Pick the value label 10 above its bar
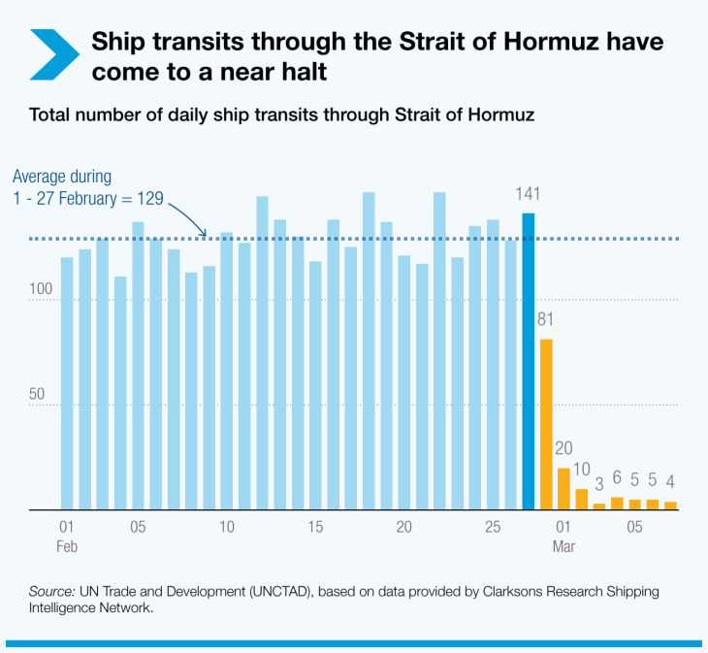(x=582, y=470)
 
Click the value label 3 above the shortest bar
(x=599, y=484)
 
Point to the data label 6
(x=617, y=477)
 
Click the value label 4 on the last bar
(x=670, y=481)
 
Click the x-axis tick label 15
(x=315, y=527)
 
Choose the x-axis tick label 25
(x=493, y=527)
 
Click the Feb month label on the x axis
(x=67, y=546)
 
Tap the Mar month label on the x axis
(x=563, y=546)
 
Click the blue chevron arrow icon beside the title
(x=54, y=54)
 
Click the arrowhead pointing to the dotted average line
(x=204, y=234)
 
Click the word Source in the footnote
(x=50, y=592)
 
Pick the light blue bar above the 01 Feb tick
(x=67, y=383)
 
